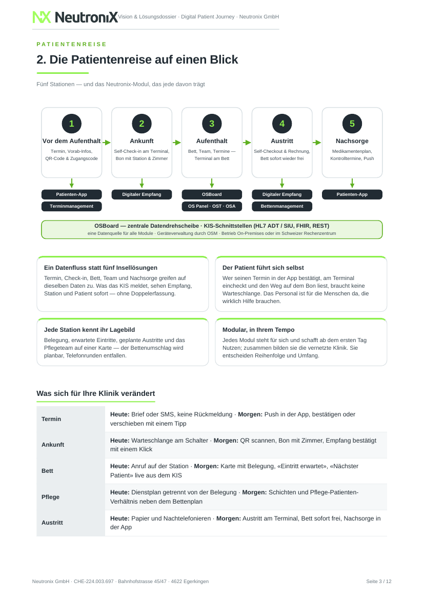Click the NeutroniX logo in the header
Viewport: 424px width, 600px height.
coord(75,17)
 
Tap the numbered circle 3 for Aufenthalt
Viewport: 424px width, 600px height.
coord(212,124)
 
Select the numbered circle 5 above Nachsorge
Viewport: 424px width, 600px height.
coord(352,124)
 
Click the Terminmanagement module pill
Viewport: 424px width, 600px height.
coord(72,206)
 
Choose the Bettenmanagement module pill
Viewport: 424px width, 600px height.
coord(282,206)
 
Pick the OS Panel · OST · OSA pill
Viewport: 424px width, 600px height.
coord(212,206)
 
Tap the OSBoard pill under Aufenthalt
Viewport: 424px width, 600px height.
coord(212,194)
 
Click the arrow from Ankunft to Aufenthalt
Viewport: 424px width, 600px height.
coord(177,143)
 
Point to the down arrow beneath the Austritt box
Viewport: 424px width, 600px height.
coord(282,183)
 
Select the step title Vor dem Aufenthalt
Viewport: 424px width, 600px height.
coord(72,141)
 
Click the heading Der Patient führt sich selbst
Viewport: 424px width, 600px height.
coord(264,268)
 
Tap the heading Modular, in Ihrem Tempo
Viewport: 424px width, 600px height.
coord(259,330)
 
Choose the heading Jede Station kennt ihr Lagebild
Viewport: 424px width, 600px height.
coord(90,330)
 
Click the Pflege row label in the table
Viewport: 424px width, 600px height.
coord(51,497)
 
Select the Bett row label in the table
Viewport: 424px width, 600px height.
coord(48,471)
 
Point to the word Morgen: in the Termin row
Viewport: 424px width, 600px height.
coord(250,414)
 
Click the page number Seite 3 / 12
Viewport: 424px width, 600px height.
coord(379,581)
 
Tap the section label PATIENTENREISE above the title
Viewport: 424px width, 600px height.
coord(72,45)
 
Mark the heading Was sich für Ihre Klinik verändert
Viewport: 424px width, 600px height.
coord(96,393)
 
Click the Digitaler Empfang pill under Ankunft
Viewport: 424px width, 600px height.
coord(142,194)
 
